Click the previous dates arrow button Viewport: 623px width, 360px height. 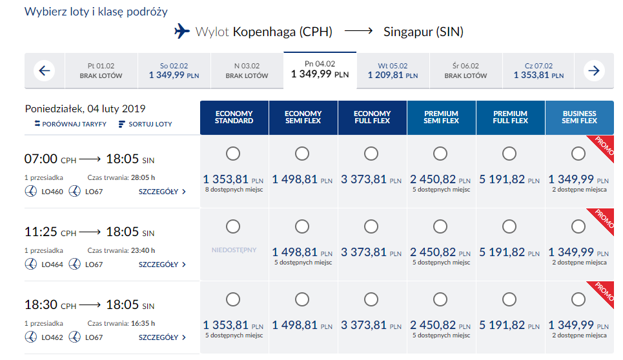[x=43, y=70]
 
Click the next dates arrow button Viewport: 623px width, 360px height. [x=594, y=70]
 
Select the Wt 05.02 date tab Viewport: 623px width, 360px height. [x=393, y=70]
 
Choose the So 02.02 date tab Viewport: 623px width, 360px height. [x=174, y=70]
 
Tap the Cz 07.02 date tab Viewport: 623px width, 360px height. [x=538, y=70]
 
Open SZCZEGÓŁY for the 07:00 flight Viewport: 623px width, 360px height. [x=162, y=192]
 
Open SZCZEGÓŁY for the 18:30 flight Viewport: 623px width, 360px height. [x=162, y=337]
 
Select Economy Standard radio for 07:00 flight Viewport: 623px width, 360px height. [x=233, y=154]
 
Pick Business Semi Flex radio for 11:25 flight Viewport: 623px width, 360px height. [x=578, y=226]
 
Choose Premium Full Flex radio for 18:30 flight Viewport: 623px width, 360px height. [x=509, y=299]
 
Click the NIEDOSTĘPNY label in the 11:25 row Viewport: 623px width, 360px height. [x=234, y=250]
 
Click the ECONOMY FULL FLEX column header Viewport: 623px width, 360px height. [x=373, y=117]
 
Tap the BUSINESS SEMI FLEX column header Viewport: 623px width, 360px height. [x=579, y=117]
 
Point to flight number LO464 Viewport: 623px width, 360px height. [x=52, y=265]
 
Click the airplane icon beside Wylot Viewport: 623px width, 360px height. [x=183, y=31]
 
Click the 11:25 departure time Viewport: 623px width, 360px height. [x=41, y=232]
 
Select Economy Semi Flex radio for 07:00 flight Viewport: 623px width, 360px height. [x=302, y=154]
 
